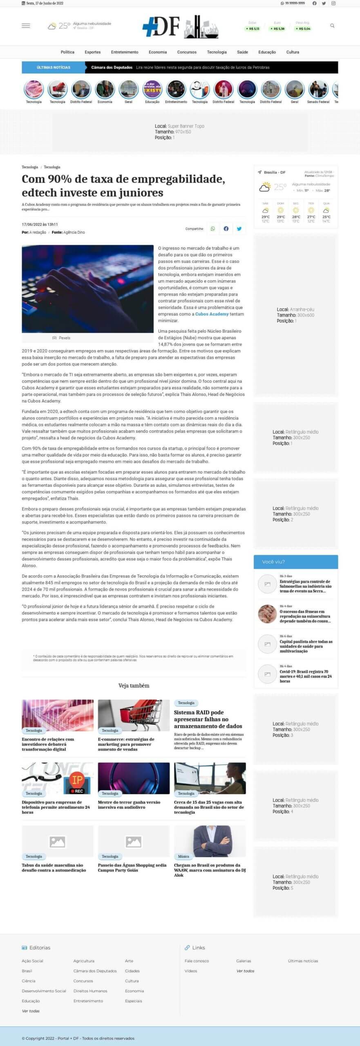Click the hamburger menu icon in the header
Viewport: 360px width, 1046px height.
(x=26, y=26)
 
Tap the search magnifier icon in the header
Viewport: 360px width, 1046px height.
(x=332, y=26)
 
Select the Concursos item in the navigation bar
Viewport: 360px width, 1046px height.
(x=187, y=52)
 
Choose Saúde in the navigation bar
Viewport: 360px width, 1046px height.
(x=242, y=52)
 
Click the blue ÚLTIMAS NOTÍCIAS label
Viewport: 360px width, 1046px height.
(x=54, y=67)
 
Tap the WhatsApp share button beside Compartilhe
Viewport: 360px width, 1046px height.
(x=212, y=229)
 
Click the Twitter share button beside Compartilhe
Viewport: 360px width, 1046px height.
(x=239, y=229)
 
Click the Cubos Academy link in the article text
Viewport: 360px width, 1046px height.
(x=212, y=314)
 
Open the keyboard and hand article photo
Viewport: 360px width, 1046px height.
(x=87, y=288)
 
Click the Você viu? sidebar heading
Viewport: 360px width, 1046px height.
(x=273, y=562)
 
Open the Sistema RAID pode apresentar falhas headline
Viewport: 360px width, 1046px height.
(x=208, y=719)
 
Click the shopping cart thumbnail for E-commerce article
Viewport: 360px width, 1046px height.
(x=134, y=715)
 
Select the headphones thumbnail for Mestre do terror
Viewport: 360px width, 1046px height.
(x=134, y=778)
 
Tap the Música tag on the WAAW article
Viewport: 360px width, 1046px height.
(x=183, y=856)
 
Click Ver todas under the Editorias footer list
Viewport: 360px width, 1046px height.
(x=31, y=1011)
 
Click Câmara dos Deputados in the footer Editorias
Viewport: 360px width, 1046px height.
(x=95, y=971)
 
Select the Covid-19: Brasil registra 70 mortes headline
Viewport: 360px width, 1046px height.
(x=305, y=676)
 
